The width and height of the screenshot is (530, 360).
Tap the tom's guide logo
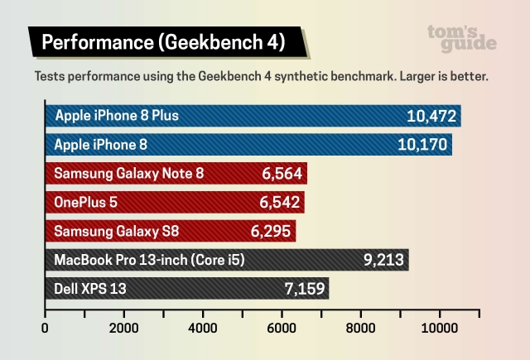click(x=462, y=37)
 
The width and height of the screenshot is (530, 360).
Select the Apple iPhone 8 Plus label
click(x=117, y=115)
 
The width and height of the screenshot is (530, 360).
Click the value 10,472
click(x=431, y=116)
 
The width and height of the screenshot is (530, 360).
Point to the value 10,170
click(x=422, y=145)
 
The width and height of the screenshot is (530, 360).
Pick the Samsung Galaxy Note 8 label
click(x=128, y=174)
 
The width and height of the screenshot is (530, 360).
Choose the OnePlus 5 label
click(x=86, y=202)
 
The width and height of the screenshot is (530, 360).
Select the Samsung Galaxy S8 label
click(x=114, y=231)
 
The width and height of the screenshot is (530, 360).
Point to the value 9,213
click(x=383, y=260)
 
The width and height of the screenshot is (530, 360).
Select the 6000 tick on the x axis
click(x=282, y=327)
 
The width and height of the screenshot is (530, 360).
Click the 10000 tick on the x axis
click(x=440, y=327)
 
